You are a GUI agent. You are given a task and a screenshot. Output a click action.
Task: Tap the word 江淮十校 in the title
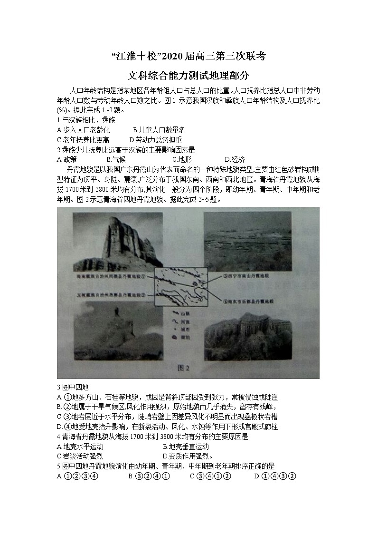pos(138,56)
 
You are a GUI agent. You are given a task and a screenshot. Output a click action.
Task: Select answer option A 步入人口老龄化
pos(83,130)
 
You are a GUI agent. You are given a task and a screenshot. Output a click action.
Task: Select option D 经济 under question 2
pos(235,159)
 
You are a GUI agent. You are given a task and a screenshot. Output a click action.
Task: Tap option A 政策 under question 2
pos(66,159)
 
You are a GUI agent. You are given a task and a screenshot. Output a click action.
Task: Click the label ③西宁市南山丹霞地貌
pos(246,275)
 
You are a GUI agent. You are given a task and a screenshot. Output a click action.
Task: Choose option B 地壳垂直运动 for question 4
pos(186,447)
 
